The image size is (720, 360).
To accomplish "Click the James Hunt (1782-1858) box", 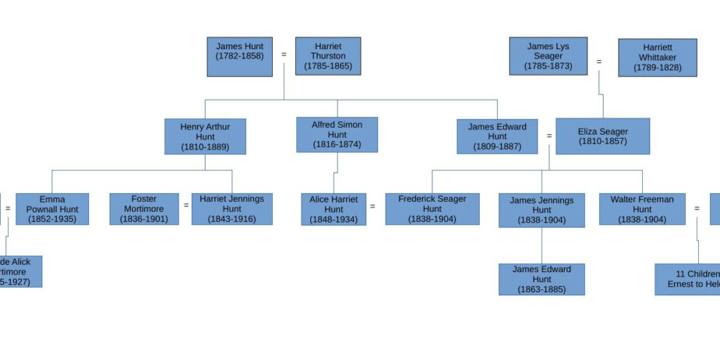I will point(239,56).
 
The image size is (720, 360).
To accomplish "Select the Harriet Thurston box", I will point(327,56).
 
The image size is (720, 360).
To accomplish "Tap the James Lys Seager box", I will point(548,56).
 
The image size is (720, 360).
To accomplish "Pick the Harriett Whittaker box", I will point(657,58).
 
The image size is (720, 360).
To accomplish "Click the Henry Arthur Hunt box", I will point(205,136).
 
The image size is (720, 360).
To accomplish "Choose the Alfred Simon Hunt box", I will point(337,135).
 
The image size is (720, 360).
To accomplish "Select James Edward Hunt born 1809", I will point(496,136).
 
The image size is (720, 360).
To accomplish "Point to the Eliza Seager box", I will point(602,136).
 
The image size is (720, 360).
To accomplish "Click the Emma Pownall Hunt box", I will point(51,209).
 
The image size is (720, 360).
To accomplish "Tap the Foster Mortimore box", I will point(143,209).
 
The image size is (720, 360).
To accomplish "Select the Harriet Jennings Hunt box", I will point(231,209).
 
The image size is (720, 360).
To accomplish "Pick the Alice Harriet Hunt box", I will point(333,209).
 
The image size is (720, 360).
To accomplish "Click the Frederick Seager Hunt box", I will point(432,209).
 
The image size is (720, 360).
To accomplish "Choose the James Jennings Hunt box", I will point(541,210).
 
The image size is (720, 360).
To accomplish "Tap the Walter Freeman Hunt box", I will point(641,209).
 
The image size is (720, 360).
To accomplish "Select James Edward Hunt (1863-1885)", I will point(541,279).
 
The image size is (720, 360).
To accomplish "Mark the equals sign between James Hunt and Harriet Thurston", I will point(284,55).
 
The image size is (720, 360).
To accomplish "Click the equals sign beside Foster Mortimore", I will point(185,206).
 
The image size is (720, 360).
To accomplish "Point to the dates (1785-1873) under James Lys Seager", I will point(548,66).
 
